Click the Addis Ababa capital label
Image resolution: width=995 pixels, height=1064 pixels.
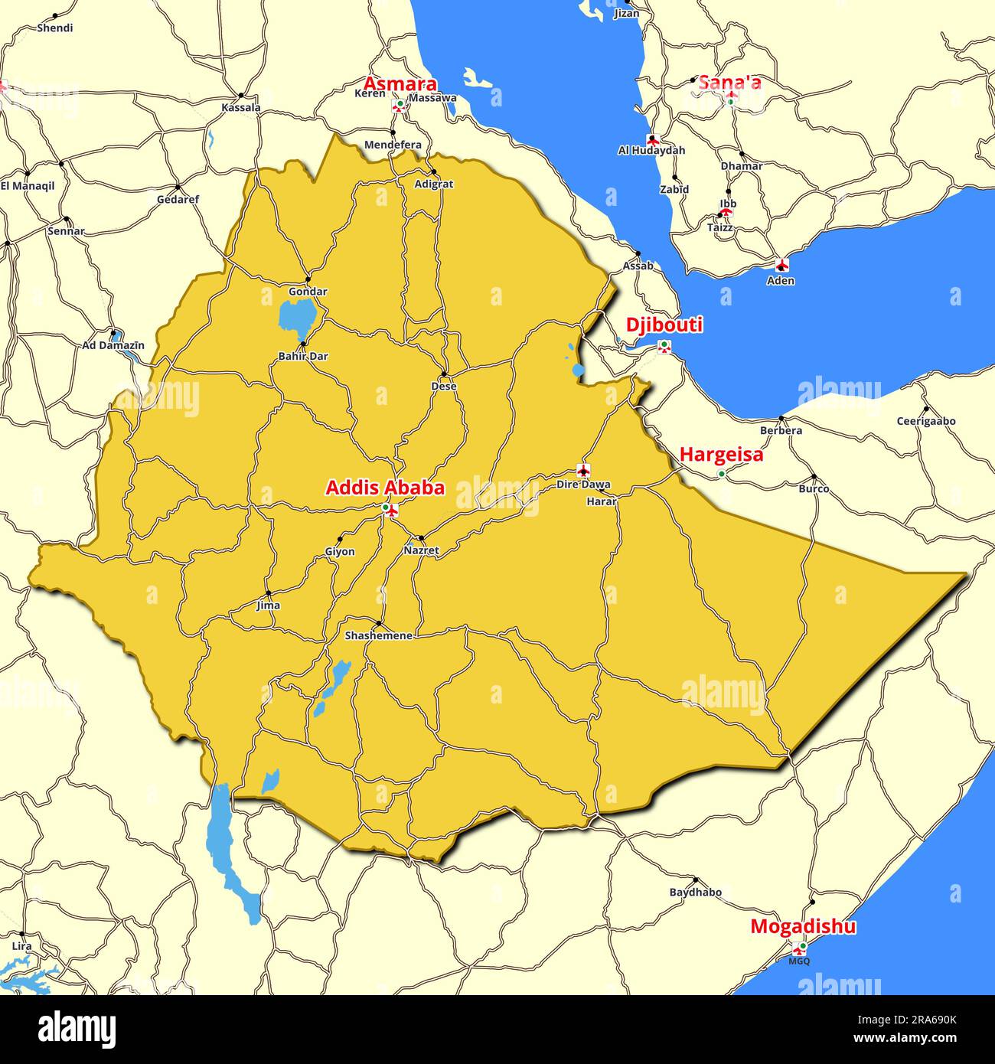385,488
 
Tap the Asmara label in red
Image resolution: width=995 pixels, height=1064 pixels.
400,83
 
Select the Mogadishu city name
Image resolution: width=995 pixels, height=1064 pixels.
803,926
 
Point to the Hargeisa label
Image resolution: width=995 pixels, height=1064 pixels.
721,455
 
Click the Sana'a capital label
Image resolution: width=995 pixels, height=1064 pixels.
729,82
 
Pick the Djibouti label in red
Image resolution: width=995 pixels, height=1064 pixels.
664,325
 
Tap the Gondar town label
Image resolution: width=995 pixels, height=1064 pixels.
308,292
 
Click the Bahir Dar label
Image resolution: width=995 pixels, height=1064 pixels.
303,356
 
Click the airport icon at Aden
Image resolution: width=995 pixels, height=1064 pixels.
781,265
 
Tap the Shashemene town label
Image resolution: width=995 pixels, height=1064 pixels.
378,635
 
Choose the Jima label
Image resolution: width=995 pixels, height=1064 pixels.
268,605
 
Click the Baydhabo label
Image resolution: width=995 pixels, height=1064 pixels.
695,892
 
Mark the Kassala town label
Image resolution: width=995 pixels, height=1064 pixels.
240,107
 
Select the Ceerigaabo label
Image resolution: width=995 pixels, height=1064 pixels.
926,421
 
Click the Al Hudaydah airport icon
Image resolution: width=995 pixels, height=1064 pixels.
653,139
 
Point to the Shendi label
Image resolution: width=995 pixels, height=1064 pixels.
55,28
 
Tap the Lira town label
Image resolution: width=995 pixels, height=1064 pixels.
22,946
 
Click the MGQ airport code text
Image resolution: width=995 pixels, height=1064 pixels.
798,961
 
